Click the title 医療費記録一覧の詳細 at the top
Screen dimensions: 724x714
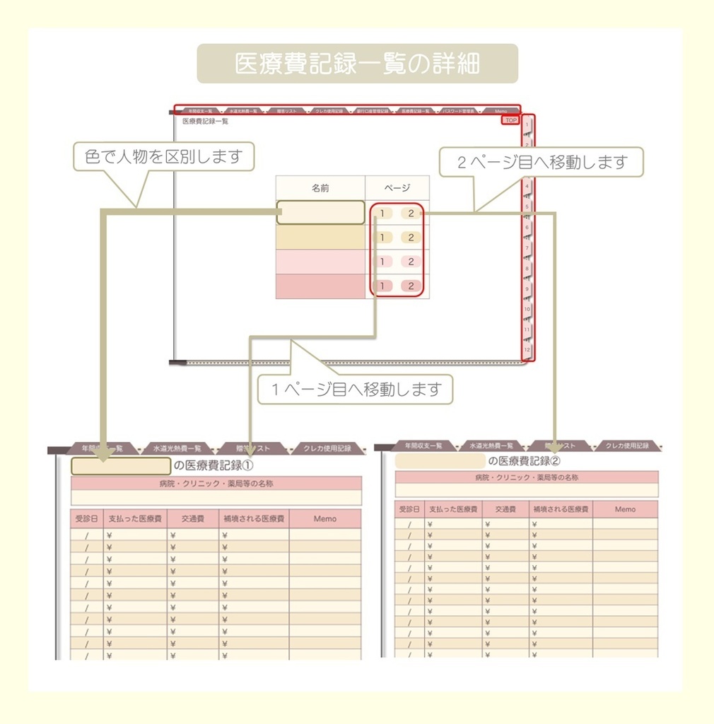(x=357, y=64)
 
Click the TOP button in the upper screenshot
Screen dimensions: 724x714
(x=510, y=121)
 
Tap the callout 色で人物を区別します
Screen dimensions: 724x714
(x=163, y=156)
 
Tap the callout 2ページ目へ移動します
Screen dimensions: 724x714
(x=542, y=162)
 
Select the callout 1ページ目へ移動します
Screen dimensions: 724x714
(x=355, y=389)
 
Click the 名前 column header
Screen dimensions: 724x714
(x=320, y=188)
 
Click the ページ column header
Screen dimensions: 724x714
(x=397, y=188)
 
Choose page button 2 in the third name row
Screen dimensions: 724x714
(x=410, y=262)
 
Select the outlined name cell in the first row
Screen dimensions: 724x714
(x=320, y=213)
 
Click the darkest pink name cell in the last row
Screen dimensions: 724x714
(x=320, y=286)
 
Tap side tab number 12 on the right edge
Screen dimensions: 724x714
(x=527, y=349)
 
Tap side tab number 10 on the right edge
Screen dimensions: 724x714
(x=527, y=309)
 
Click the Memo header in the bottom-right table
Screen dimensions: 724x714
(x=625, y=509)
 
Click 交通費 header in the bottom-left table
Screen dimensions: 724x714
(x=192, y=519)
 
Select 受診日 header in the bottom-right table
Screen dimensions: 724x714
(x=409, y=509)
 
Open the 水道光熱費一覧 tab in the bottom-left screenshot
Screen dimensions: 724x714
(x=177, y=448)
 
